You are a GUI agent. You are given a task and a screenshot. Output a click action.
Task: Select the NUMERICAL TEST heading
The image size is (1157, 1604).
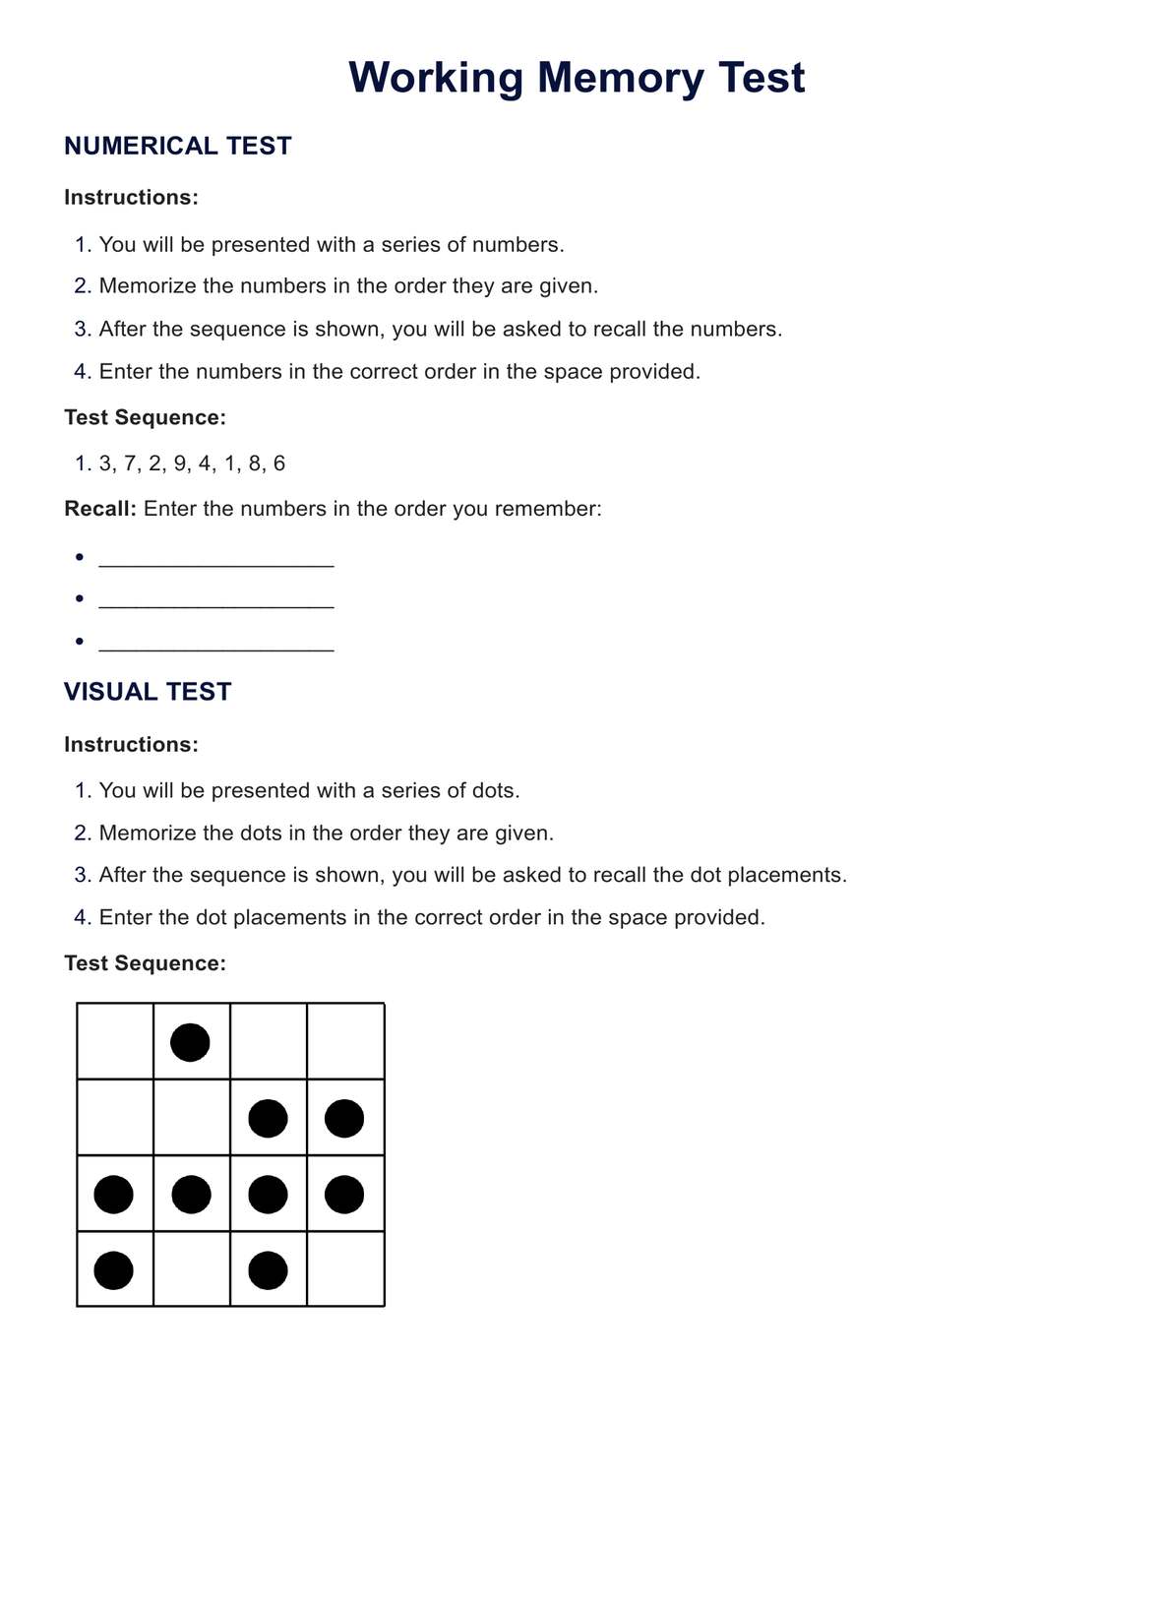click(x=178, y=146)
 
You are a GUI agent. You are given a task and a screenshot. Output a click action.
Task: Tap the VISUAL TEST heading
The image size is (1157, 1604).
click(x=148, y=692)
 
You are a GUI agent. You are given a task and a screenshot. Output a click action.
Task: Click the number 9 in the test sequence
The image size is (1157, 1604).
click(x=180, y=463)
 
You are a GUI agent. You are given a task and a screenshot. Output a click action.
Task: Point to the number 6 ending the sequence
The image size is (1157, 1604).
click(x=279, y=463)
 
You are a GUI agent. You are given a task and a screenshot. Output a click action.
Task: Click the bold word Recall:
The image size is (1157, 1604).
click(x=100, y=509)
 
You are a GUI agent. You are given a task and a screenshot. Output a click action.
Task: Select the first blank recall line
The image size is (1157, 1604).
click(x=216, y=563)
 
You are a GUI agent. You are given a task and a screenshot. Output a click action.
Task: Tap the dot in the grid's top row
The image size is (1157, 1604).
click(x=190, y=1042)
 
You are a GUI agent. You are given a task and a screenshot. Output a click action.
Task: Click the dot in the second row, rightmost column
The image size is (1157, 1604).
click(x=344, y=1119)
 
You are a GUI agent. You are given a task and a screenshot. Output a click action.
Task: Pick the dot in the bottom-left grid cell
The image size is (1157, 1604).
click(x=113, y=1270)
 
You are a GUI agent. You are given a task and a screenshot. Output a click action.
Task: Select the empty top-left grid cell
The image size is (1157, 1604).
click(x=115, y=1041)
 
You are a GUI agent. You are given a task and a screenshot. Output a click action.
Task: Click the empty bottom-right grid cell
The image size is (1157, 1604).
click(x=345, y=1269)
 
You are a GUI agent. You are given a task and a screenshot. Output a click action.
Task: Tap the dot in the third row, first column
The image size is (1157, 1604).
click(x=113, y=1195)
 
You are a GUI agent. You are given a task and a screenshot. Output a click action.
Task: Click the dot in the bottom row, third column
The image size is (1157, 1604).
click(x=268, y=1270)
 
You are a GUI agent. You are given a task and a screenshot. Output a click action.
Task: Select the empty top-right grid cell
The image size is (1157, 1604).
click(x=345, y=1041)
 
